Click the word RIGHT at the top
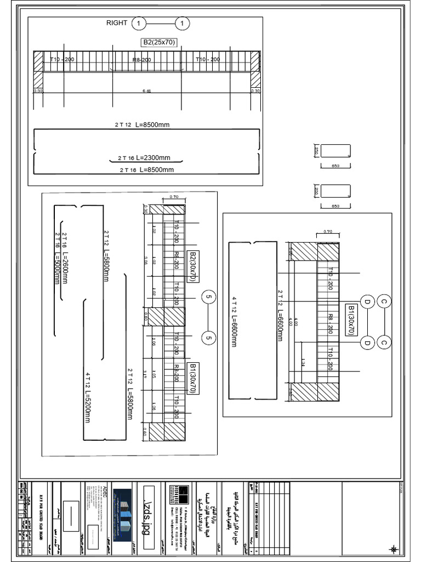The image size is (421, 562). tap(117, 23)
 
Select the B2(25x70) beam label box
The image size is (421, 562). tap(159, 42)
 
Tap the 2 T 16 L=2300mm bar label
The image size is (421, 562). tap(144, 158)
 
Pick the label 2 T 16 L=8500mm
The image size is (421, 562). tap(147, 170)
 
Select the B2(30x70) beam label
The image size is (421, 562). tap(192, 267)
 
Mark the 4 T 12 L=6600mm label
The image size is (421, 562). tap(234, 322)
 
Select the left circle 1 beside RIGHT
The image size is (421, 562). tap(139, 24)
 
